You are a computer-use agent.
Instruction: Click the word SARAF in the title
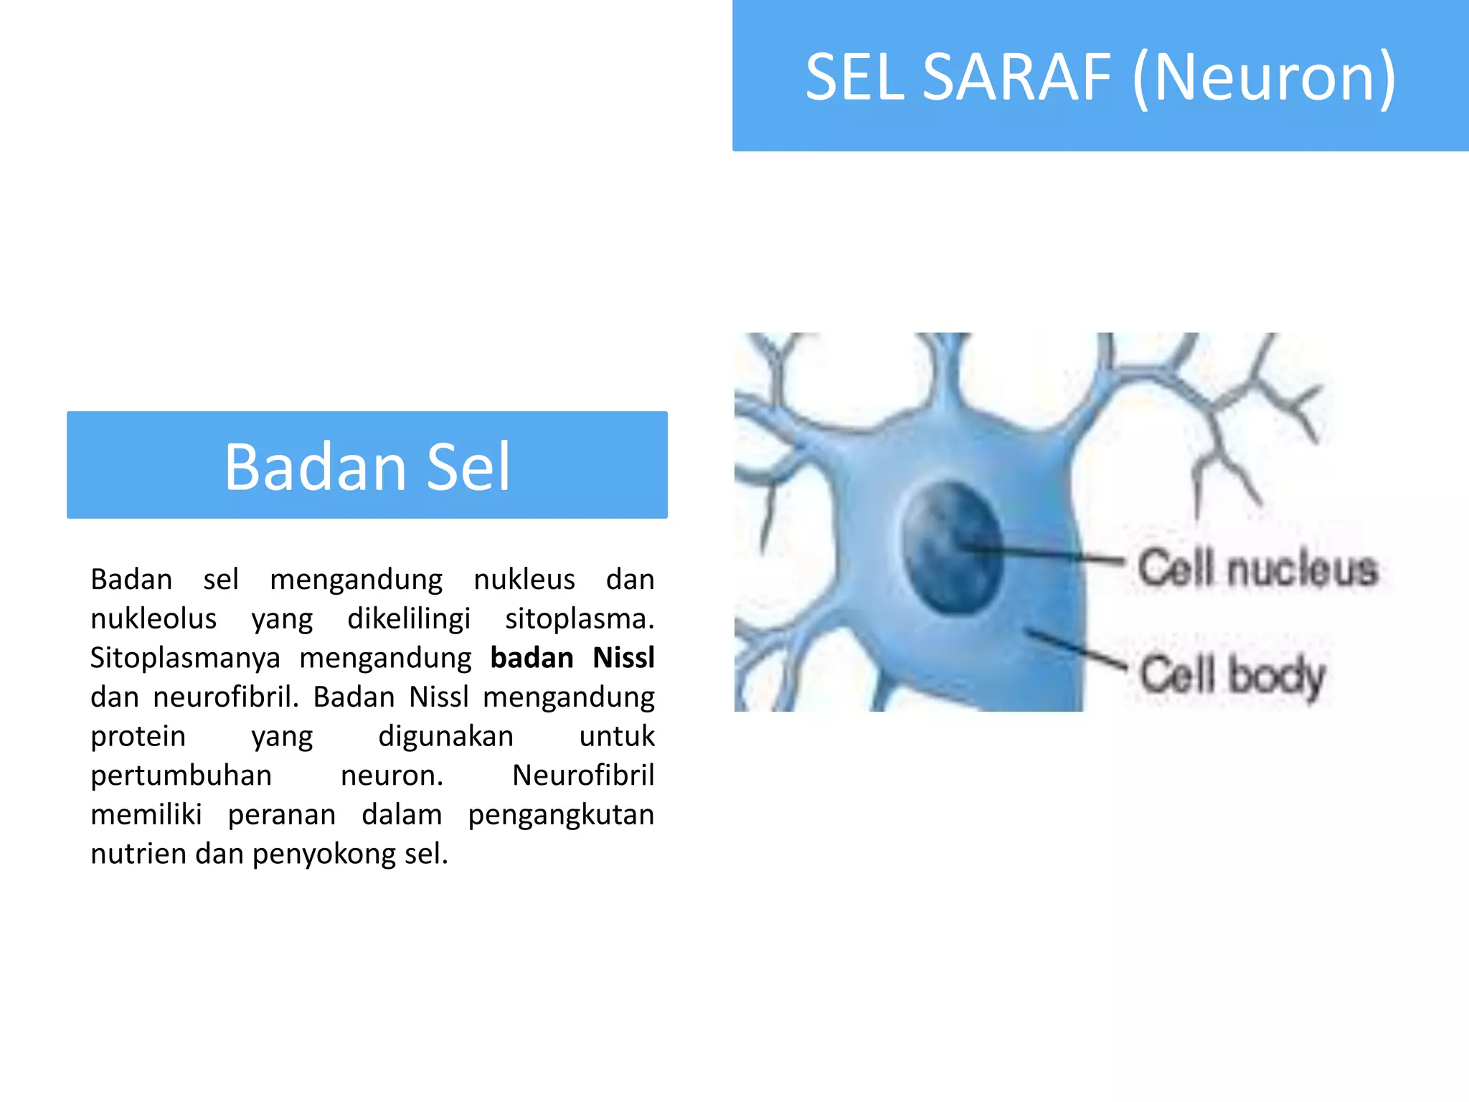click(1016, 77)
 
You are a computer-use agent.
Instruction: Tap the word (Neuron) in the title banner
click(1264, 77)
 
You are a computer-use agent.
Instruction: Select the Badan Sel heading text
click(367, 466)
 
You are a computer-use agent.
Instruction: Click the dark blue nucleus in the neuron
click(951, 547)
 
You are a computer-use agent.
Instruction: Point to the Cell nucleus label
click(1257, 568)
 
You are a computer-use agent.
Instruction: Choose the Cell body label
click(1232, 675)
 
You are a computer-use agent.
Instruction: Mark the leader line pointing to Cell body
click(1076, 649)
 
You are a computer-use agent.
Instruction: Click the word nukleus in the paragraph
click(524, 580)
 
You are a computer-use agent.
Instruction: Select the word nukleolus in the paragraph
click(153, 619)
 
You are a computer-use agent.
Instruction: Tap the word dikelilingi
click(409, 619)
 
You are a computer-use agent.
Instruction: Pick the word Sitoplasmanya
click(185, 658)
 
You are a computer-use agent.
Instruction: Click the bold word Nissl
click(623, 658)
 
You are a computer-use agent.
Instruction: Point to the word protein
click(138, 737)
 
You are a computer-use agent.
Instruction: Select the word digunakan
click(445, 737)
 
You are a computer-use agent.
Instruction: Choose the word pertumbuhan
click(181, 776)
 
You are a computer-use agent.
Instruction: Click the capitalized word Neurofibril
click(582, 776)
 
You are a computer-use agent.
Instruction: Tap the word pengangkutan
click(561, 815)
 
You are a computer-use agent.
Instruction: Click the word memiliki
click(146, 815)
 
